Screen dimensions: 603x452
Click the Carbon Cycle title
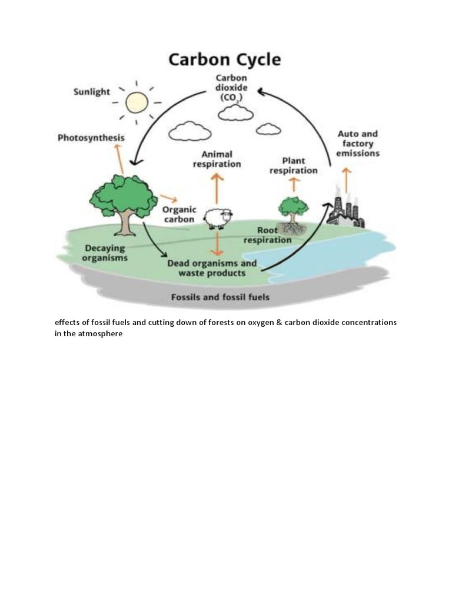225,59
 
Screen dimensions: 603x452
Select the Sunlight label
91,92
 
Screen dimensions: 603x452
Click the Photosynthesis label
91,138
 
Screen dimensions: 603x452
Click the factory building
346,208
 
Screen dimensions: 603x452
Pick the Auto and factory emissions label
358,144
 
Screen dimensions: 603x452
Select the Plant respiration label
293,165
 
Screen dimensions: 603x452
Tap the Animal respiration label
217,159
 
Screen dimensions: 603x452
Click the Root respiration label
267,236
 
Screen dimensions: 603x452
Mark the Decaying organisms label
105,253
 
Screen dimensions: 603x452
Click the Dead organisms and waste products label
212,268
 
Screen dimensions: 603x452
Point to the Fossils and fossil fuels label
220,297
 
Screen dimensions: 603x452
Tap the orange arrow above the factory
347,178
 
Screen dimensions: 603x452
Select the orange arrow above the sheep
217,188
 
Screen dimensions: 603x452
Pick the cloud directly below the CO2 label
235,114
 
